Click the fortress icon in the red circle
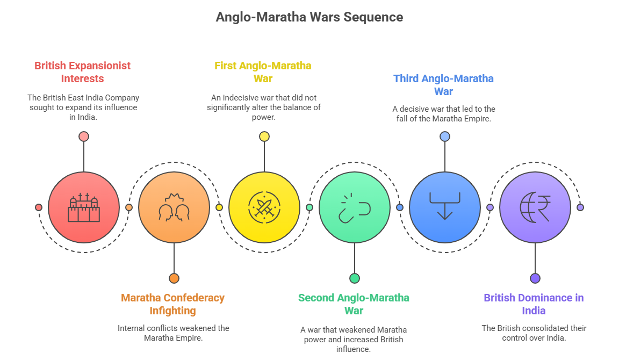83,207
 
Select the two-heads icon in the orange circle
174,207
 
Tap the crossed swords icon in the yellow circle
264,207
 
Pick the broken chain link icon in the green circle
354,207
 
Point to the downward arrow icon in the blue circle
444,206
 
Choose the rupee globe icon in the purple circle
535,207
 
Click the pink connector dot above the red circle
83,136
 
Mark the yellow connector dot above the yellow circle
264,136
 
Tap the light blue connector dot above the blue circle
444,136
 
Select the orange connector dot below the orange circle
174,278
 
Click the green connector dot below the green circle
354,278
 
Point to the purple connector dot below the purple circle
535,278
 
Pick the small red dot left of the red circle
38,207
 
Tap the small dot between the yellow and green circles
309,207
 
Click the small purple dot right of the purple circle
580,207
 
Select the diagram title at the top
309,18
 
